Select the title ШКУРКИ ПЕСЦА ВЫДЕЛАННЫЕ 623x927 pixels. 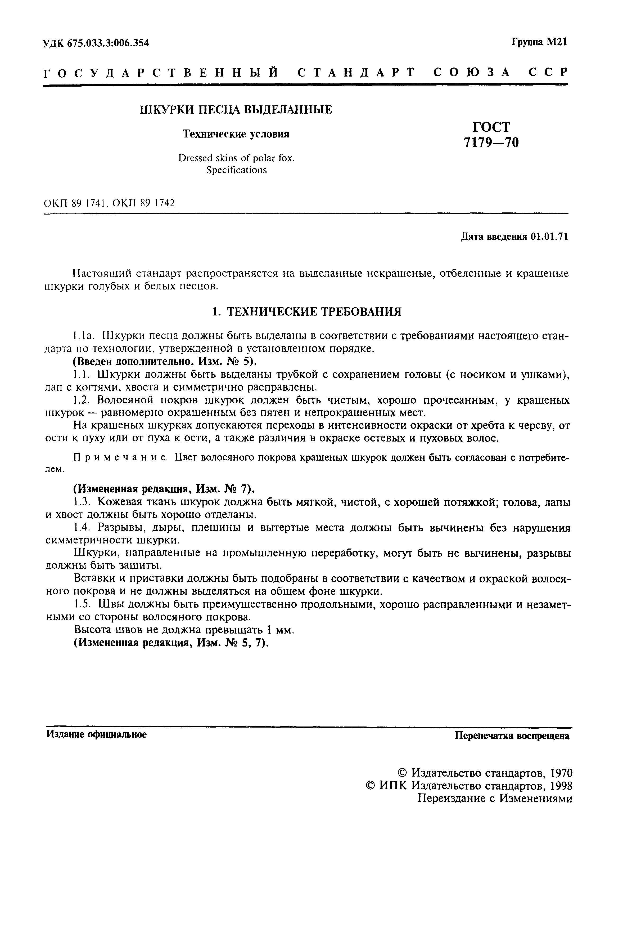click(x=236, y=110)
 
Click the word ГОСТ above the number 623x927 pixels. click(x=491, y=127)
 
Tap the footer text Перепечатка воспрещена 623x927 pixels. click(x=512, y=736)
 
